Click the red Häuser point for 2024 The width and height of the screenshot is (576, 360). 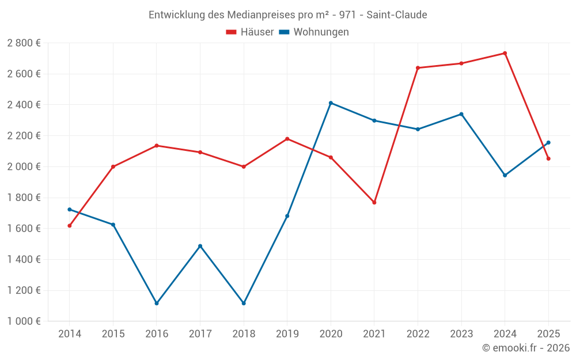[505, 53]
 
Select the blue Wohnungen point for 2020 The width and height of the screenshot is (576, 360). [331, 103]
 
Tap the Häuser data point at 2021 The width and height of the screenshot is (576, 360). [374, 203]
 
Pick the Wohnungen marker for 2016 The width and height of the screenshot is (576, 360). [157, 304]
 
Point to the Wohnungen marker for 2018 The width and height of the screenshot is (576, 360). [244, 304]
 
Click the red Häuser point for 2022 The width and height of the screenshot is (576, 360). [418, 68]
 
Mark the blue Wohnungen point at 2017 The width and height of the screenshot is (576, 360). [200, 246]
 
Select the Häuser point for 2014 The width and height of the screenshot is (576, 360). [69, 226]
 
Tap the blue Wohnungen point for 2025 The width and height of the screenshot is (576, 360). [548, 142]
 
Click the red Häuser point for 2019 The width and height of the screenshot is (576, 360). [287, 139]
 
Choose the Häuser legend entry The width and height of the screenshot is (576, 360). [250, 32]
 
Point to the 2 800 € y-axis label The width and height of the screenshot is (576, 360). [24, 43]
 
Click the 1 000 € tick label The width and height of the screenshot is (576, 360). [24, 321]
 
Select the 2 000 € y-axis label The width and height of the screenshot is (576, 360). [24, 166]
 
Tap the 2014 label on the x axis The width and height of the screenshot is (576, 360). [69, 334]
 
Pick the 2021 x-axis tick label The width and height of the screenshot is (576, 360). [374, 334]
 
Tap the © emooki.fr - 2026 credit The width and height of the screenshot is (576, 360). [526, 347]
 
